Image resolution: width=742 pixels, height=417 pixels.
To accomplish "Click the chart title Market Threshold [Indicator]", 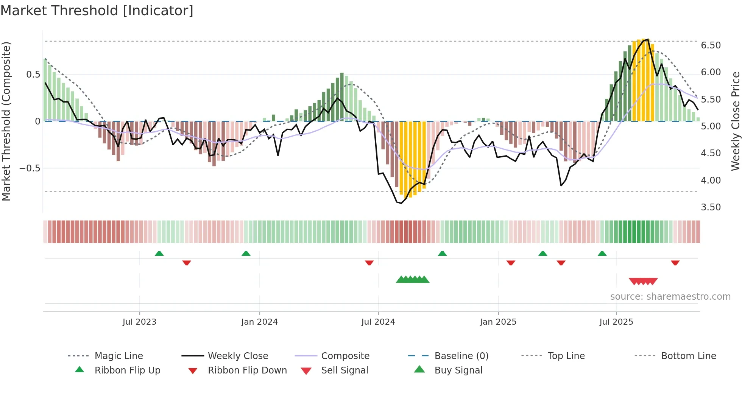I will (97, 11).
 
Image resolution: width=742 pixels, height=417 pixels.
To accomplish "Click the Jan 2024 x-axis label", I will (259, 322).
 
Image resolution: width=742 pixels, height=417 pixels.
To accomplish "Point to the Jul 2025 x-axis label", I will (616, 322).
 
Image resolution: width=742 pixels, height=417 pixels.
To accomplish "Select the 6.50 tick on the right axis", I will (711, 45).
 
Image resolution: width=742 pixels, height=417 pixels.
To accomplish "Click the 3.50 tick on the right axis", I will (711, 207).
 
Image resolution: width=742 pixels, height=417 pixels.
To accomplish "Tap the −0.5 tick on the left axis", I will (30, 168).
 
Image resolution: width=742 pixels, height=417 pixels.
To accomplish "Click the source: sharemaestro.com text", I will (670, 297).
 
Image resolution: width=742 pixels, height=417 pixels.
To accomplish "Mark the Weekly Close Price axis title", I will (735, 121).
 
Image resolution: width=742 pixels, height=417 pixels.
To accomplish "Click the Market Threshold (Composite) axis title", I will (6, 121).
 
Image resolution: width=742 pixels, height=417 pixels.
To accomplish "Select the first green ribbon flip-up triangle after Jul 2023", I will (159, 254).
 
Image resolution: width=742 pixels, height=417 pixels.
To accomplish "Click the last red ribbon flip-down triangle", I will (675, 263).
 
